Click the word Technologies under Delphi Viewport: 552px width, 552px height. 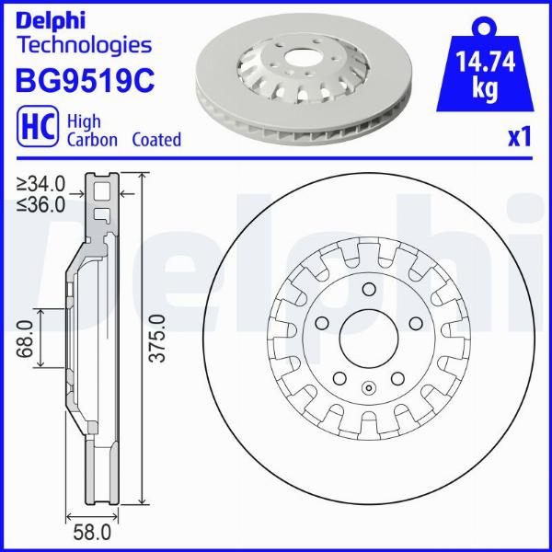click(84, 43)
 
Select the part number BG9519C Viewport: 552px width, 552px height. click(84, 81)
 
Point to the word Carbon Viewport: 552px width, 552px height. click(91, 140)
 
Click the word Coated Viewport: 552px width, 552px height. click(155, 140)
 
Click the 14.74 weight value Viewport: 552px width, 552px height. click(485, 63)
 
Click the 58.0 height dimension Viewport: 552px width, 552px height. click(93, 532)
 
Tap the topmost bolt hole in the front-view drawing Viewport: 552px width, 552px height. click(368, 288)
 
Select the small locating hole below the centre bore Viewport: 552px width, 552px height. click(368, 387)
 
